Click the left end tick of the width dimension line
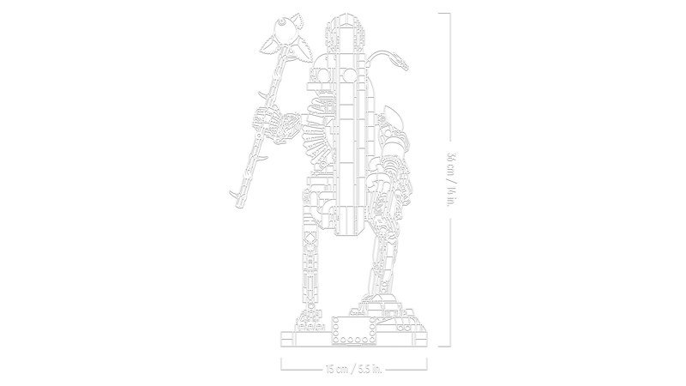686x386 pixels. tap(282, 370)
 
